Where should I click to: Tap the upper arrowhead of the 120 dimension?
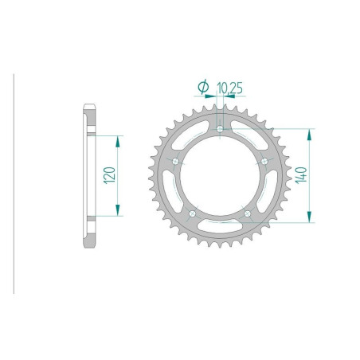click(x=118, y=139)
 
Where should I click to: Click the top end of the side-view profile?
click(x=92, y=105)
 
